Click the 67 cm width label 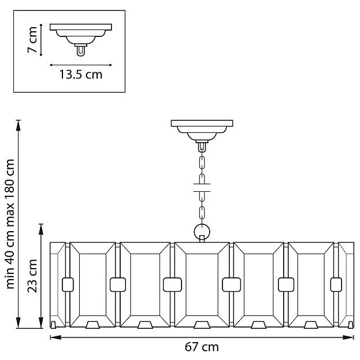pyautogui.click(x=202, y=347)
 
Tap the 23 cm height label pyautogui.click(x=32, y=276)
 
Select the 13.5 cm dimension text pyautogui.click(x=81, y=75)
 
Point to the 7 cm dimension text pyautogui.click(x=32, y=40)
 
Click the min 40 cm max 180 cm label pyautogui.click(x=10, y=224)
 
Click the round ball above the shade pyautogui.click(x=202, y=231)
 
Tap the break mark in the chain pyautogui.click(x=202, y=188)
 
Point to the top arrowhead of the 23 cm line pyautogui.click(x=41, y=229)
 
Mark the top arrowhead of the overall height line pyautogui.click(x=18, y=125)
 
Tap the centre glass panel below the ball pyautogui.click(x=202, y=285)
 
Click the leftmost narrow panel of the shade pyautogui.click(x=58, y=285)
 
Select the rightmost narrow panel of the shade pyautogui.click(x=346, y=285)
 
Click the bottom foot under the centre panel pyautogui.click(x=202, y=325)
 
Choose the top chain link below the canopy pyautogui.click(x=202, y=163)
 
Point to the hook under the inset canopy pyautogui.click(x=81, y=51)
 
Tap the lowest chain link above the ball pyautogui.click(x=202, y=213)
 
